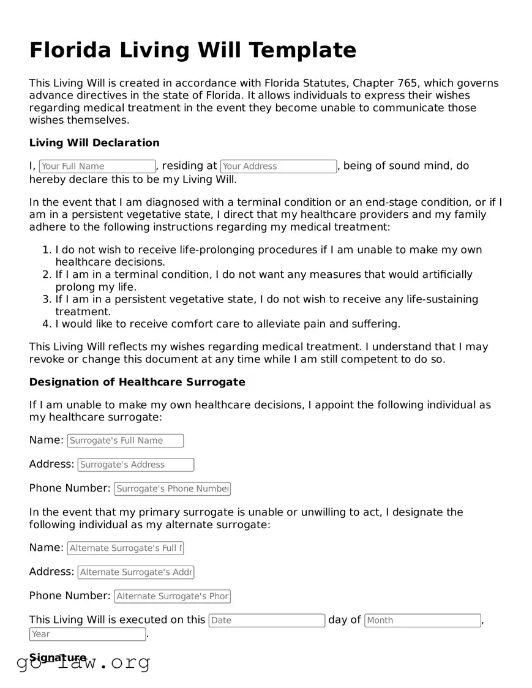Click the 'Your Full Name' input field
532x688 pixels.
click(x=97, y=166)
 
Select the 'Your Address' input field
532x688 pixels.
click(x=278, y=166)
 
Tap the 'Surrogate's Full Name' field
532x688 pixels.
click(x=125, y=441)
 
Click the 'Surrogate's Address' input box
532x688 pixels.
click(x=136, y=465)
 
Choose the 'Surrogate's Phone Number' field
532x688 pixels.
click(x=172, y=489)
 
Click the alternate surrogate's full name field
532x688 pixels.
click(x=125, y=548)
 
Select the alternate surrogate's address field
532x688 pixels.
click(x=136, y=572)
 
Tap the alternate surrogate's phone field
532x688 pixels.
click(x=172, y=596)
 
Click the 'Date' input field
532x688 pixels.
click(x=266, y=621)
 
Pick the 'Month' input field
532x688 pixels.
click(x=422, y=621)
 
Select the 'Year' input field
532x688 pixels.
click(x=88, y=635)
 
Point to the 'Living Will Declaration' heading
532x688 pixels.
click(x=94, y=143)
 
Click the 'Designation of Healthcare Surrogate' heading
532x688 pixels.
click(x=137, y=382)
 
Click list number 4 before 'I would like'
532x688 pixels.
click(x=47, y=324)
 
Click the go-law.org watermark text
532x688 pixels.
click(x=83, y=662)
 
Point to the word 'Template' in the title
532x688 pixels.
click(x=307, y=50)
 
